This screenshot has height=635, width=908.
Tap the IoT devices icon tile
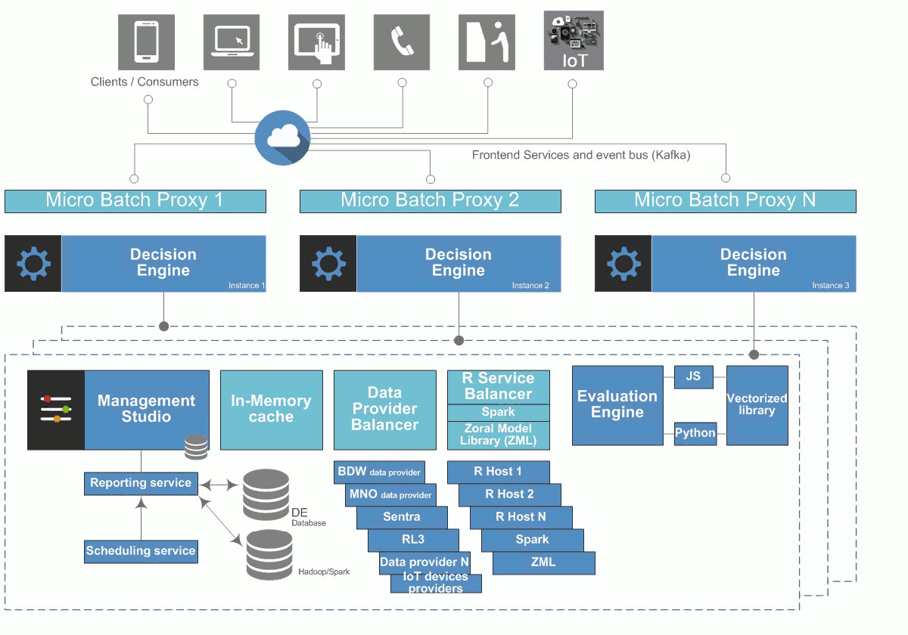pos(574,41)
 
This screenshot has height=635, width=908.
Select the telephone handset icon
pos(403,42)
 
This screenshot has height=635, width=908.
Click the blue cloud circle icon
pos(282,137)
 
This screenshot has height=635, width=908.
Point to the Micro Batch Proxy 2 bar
pos(430,201)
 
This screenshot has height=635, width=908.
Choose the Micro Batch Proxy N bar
pos(725,201)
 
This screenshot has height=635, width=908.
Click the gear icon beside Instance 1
pos(33,264)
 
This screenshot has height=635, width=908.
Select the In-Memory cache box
pos(271,410)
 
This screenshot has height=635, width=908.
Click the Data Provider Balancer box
pos(384,410)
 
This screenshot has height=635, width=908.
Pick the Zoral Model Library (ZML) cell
pos(498,435)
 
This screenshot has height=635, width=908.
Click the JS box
pos(693,376)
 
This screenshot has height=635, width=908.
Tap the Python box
pos(695,433)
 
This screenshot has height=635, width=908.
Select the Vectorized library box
pos(757,405)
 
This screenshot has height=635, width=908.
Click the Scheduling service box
pos(141,551)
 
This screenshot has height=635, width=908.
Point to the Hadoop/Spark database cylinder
pos(269,555)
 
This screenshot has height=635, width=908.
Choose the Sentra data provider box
pos(402,517)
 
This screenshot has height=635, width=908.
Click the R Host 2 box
pos(509,494)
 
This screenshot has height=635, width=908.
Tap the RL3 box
pos(413,540)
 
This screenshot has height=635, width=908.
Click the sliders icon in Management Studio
pos(56,409)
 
